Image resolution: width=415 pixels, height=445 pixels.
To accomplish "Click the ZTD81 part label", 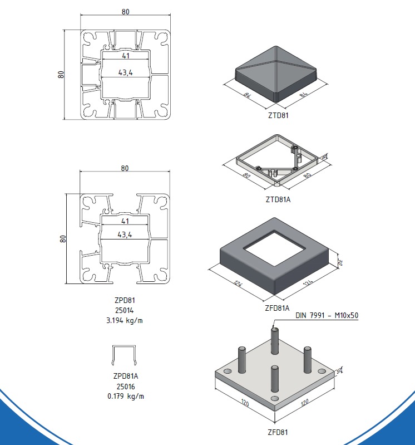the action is click(x=278, y=115).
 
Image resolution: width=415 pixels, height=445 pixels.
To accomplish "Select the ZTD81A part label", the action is click(x=278, y=199).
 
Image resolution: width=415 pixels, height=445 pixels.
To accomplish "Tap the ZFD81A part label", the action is click(x=277, y=308).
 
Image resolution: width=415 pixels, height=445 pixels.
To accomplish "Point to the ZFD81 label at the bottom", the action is click(x=278, y=432).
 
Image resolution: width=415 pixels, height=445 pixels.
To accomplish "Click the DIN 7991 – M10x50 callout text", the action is click(x=327, y=315).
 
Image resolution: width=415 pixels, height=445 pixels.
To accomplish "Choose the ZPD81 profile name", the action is click(x=125, y=300).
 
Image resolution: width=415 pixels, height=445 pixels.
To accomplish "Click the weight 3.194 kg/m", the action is click(x=125, y=320).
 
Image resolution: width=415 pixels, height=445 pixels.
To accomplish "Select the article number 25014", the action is click(x=125, y=310).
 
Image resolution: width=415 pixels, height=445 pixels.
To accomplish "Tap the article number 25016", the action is click(x=126, y=387).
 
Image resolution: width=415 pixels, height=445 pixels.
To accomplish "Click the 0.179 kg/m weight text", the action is click(x=126, y=396).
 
